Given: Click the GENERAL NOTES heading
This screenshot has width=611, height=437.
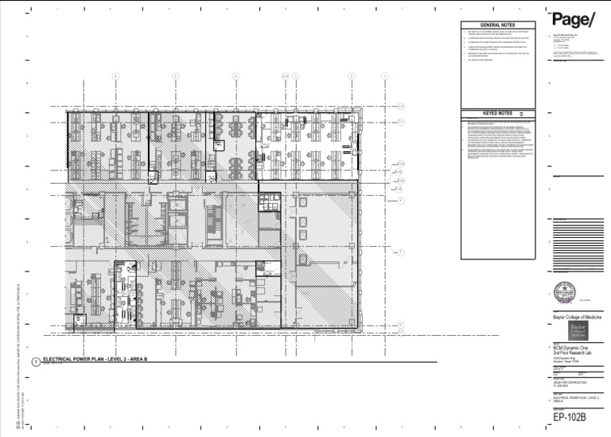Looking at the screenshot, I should pos(500,25).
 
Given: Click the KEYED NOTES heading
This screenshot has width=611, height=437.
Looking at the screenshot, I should pos(497,113).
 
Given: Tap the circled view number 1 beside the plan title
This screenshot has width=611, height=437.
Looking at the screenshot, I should pos(37,361).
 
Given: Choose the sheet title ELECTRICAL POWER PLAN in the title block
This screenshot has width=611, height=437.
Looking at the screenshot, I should pos(570,397).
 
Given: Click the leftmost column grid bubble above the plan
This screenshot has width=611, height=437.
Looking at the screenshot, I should pos(115,76).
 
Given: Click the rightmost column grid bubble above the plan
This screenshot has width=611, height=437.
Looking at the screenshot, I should pos(385,76).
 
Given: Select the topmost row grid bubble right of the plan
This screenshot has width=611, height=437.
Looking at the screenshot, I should pos(402,106).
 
